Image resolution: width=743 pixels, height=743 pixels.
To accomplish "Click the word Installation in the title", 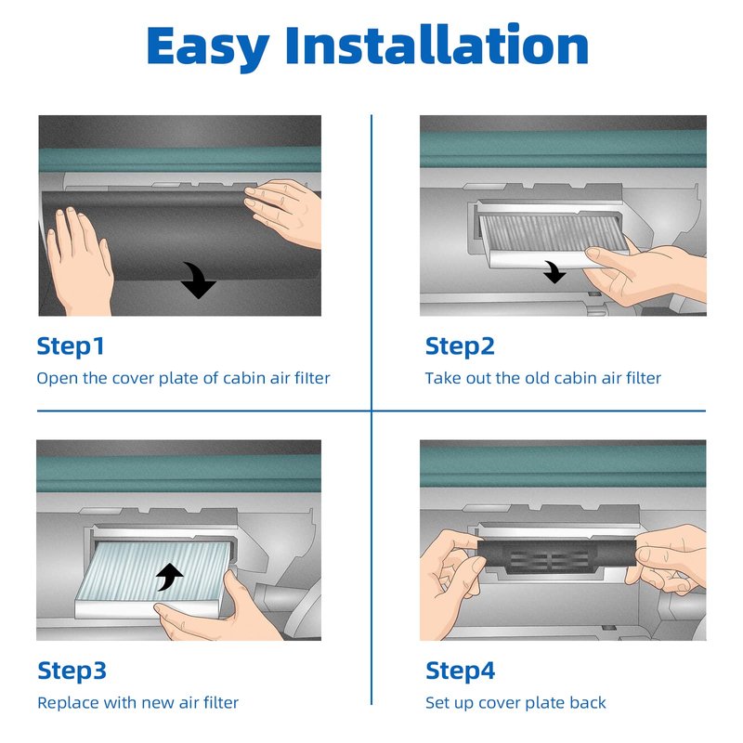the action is [x=437, y=45].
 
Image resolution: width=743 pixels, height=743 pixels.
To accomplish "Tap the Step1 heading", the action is [x=71, y=346].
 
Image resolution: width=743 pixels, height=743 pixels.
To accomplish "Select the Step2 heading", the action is [x=460, y=346].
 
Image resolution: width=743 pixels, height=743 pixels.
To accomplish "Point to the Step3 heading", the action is [x=72, y=671].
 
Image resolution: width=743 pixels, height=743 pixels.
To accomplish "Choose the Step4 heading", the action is [x=460, y=671].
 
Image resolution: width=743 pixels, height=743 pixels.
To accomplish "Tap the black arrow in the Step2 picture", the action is [x=554, y=272].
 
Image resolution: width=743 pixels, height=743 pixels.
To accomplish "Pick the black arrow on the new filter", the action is [x=170, y=578].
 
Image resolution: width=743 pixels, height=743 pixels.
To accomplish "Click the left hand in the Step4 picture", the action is [x=451, y=583].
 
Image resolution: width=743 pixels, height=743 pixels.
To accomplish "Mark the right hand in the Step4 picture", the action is [x=668, y=559].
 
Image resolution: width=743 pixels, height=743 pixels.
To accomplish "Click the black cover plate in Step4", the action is [x=555, y=555].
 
